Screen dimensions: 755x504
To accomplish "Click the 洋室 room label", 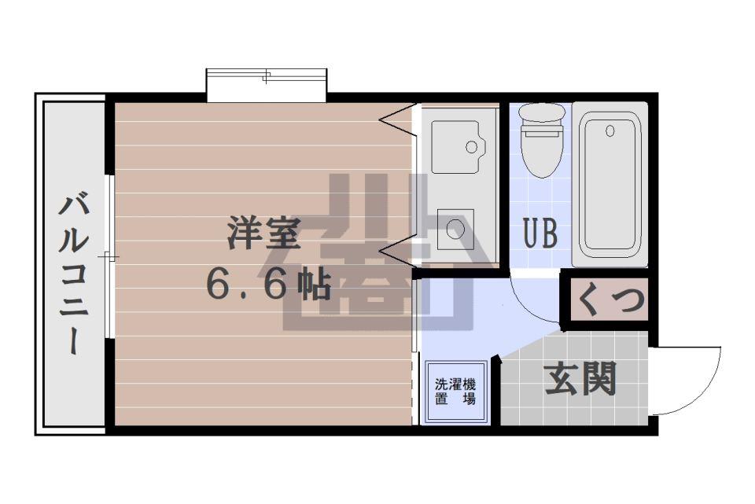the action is click(x=264, y=233).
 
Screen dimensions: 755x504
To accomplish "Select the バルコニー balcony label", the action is click(x=74, y=273).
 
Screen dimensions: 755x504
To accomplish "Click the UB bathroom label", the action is click(x=541, y=233).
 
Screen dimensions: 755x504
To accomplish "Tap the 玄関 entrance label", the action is click(x=580, y=378).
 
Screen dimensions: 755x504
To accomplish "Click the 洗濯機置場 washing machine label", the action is click(x=455, y=392).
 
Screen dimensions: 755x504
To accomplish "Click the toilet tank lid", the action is click(x=542, y=112).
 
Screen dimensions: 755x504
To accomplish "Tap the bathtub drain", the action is click(x=610, y=131).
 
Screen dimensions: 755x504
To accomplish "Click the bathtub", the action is click(x=610, y=185).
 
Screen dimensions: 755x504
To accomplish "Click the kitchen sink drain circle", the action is click(x=471, y=146).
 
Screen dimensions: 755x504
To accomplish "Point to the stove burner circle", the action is click(x=455, y=228).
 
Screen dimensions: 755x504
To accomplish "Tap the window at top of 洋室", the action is click(x=267, y=85).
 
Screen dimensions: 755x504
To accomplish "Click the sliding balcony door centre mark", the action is click(x=109, y=258).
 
